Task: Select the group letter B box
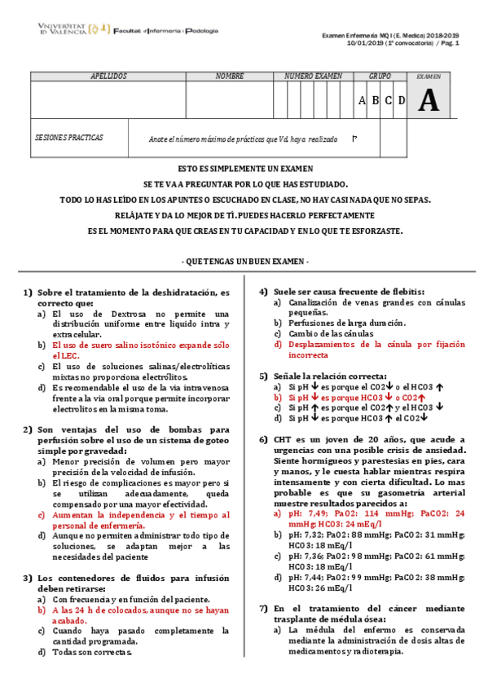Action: (376, 100)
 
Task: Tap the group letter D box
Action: (400, 100)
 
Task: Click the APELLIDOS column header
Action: (108, 76)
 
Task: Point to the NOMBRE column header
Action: (230, 76)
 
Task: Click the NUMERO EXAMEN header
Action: (313, 76)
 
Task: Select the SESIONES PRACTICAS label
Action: (69, 139)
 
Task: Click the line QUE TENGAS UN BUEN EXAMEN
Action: (244, 261)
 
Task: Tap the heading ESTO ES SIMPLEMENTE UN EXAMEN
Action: (244, 169)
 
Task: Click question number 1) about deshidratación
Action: (27, 293)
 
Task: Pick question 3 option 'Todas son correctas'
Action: (90, 653)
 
